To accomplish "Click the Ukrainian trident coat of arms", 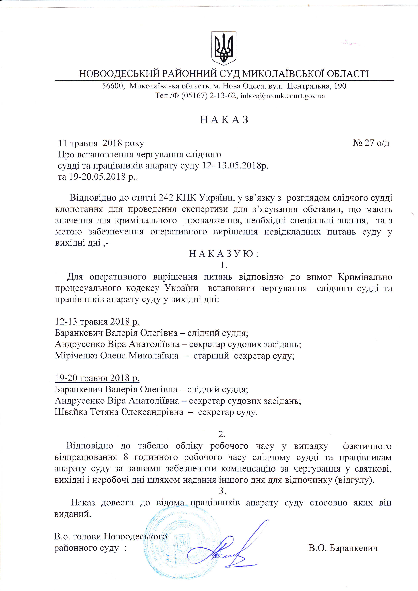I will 224,48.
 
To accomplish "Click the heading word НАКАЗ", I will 224,120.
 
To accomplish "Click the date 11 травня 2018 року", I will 101,143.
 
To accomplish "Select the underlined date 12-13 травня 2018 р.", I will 97,322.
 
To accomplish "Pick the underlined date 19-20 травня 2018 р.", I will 97,378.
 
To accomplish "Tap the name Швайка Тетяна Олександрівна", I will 119,412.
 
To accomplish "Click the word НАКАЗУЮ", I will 224,254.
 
